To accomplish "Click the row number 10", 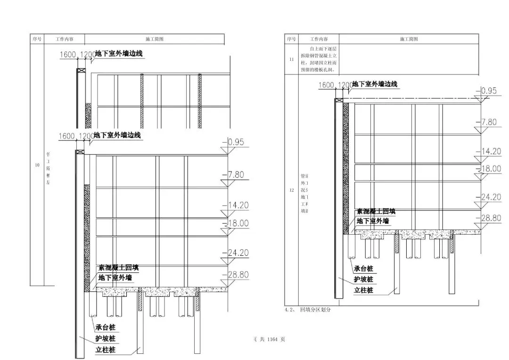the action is pyautogui.click(x=37, y=165).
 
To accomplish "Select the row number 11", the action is pyautogui.click(x=291, y=60).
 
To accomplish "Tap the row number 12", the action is pyautogui.click(x=291, y=190).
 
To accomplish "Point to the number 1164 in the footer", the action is pyautogui.click(x=273, y=339).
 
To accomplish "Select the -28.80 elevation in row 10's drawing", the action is pyautogui.click(x=238, y=274).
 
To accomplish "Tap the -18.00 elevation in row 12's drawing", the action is pyautogui.click(x=490, y=169).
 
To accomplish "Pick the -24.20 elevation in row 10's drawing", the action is pyautogui.click(x=238, y=253).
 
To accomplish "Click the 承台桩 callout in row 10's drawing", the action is pyautogui.click(x=106, y=327).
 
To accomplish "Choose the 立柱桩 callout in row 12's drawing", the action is pyautogui.click(x=363, y=290).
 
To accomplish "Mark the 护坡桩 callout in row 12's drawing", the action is pyautogui.click(x=363, y=279).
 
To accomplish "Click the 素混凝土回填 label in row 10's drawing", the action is pyautogui.click(x=118, y=268).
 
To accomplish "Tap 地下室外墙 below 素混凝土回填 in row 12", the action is pyautogui.click(x=373, y=221).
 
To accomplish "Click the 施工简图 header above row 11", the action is pyautogui.click(x=409, y=39).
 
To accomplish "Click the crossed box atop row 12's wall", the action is pyautogui.click(x=339, y=100).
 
